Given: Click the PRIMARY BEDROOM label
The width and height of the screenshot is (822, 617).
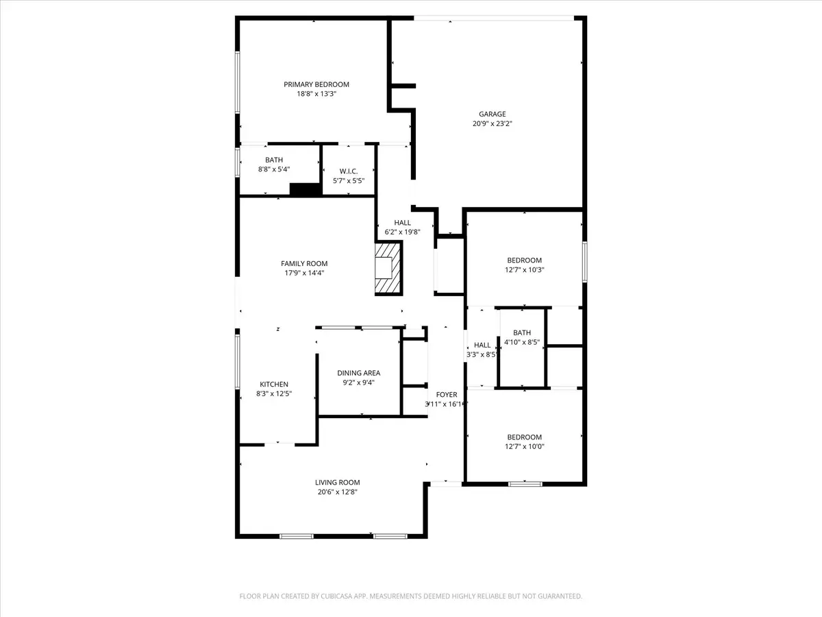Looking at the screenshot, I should pyautogui.click(x=316, y=84).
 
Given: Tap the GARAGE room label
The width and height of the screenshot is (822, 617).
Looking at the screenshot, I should pyautogui.click(x=492, y=114).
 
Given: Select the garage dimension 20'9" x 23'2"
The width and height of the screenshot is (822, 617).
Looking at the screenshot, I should pyautogui.click(x=492, y=124).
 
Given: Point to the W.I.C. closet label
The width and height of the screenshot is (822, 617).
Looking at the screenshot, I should pyautogui.click(x=348, y=171).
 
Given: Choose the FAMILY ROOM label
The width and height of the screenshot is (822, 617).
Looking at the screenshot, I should pyautogui.click(x=304, y=263).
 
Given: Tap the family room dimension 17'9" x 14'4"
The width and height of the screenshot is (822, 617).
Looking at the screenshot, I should pyautogui.click(x=304, y=273).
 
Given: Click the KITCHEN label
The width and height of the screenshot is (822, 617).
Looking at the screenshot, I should pyautogui.click(x=274, y=384).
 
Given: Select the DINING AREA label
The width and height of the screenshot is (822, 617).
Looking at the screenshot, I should pyautogui.click(x=358, y=373).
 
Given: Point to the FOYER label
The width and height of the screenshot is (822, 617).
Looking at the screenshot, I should pyautogui.click(x=447, y=394).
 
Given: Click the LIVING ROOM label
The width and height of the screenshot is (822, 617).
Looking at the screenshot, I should pyautogui.click(x=338, y=482).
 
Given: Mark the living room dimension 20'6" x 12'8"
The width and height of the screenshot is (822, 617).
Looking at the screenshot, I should pyautogui.click(x=338, y=492).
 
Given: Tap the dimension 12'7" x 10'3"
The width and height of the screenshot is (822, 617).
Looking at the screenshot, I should pyautogui.click(x=524, y=270).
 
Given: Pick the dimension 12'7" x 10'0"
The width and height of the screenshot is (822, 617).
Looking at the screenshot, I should pyautogui.click(x=524, y=446).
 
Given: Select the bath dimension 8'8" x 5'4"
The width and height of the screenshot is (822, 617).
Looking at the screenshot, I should pyautogui.click(x=273, y=169).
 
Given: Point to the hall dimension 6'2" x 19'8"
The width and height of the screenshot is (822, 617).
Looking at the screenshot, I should pyautogui.click(x=402, y=232).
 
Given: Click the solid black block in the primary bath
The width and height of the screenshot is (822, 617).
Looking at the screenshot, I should pyautogui.click(x=306, y=190).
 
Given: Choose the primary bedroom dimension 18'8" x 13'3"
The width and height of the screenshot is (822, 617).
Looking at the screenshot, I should pyautogui.click(x=316, y=94).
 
